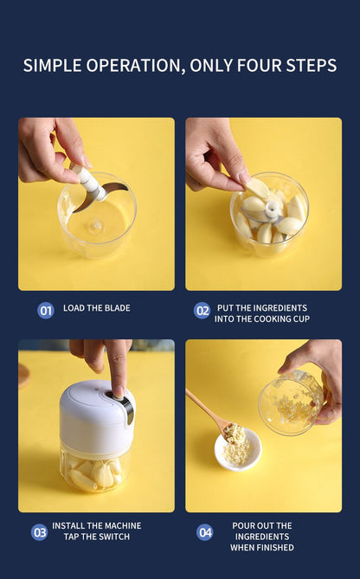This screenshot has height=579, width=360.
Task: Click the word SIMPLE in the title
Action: pyautogui.click(x=52, y=66)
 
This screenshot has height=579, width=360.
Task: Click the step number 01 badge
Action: pyautogui.click(x=46, y=311)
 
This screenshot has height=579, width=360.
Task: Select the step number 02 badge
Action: pyautogui.click(x=202, y=311)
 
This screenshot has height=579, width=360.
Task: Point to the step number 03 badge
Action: pyautogui.click(x=40, y=532)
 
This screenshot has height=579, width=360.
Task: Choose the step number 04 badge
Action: pyautogui.click(x=205, y=532)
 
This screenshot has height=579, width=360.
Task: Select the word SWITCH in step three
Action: pyautogui.click(x=113, y=537)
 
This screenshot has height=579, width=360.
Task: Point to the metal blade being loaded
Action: pyautogui.click(x=100, y=197)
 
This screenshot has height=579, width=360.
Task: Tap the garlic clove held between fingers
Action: pyautogui.click(x=257, y=189)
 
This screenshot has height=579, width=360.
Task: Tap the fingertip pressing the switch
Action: pyautogui.click(x=118, y=392)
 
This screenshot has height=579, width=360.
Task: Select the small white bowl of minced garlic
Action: pyautogui.click(x=238, y=450)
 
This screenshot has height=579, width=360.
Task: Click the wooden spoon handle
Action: pyautogui.click(x=204, y=408)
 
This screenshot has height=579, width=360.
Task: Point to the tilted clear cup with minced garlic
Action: pyautogui.click(x=291, y=403)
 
